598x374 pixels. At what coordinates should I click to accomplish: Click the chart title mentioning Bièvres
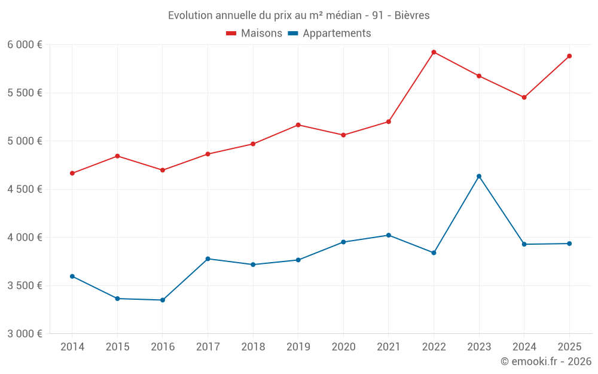298,16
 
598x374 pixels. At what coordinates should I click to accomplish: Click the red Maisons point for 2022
434,52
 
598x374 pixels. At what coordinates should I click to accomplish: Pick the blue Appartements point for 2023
479,176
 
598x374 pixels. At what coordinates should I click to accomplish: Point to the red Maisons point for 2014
72,174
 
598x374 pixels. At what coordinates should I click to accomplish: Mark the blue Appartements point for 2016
163,300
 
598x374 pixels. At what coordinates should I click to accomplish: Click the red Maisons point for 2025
569,56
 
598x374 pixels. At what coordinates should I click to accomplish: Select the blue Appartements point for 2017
208,259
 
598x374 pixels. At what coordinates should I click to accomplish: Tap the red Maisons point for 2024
524,98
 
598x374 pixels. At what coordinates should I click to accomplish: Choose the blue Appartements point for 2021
389,235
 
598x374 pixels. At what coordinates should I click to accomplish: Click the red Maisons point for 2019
298,125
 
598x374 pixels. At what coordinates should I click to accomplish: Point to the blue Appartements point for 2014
72,276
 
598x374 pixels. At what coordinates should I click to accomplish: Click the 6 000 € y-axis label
25,45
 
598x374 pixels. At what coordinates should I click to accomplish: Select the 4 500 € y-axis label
25,189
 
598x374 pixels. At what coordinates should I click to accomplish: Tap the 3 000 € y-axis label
25,334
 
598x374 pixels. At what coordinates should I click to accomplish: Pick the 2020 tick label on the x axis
343,347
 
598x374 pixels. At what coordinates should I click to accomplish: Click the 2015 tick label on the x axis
117,347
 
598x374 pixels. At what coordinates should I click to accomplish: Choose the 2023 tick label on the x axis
479,347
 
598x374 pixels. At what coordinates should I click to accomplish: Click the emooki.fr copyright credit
545,361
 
